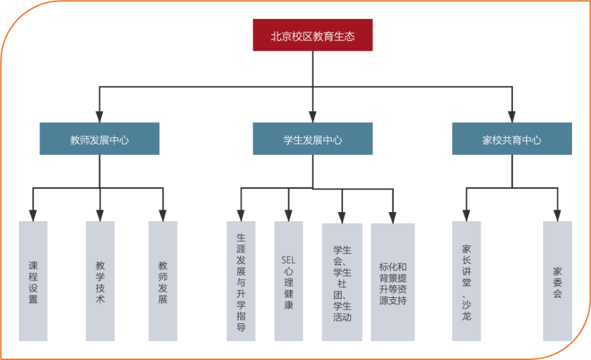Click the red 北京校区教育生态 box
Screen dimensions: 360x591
coord(313,35)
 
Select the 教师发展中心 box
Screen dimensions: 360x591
coord(99,139)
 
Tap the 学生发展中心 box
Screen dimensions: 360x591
coord(313,139)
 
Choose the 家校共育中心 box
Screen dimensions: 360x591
coord(512,139)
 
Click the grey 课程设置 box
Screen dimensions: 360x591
coord(33,281)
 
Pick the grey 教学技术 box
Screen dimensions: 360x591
coord(100,281)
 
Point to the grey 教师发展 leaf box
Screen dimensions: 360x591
coord(163,281)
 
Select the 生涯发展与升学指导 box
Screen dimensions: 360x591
coord(241,281)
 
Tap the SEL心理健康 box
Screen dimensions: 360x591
coord(288,281)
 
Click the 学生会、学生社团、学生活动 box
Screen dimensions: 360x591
coord(342,282)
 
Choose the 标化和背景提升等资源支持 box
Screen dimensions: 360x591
coord(393,282)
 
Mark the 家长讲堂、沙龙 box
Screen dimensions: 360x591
coord(466,281)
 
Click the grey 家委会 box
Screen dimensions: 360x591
coord(557,281)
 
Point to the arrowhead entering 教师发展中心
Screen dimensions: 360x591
coord(99,116)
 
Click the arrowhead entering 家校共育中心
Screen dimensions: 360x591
coord(512,116)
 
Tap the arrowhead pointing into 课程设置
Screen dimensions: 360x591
coord(33,215)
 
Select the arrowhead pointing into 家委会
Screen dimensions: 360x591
coord(557,215)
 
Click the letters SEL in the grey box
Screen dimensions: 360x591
coord(288,260)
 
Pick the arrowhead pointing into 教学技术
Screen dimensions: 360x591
coord(100,215)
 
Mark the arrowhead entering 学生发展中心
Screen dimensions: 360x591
coord(313,116)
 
